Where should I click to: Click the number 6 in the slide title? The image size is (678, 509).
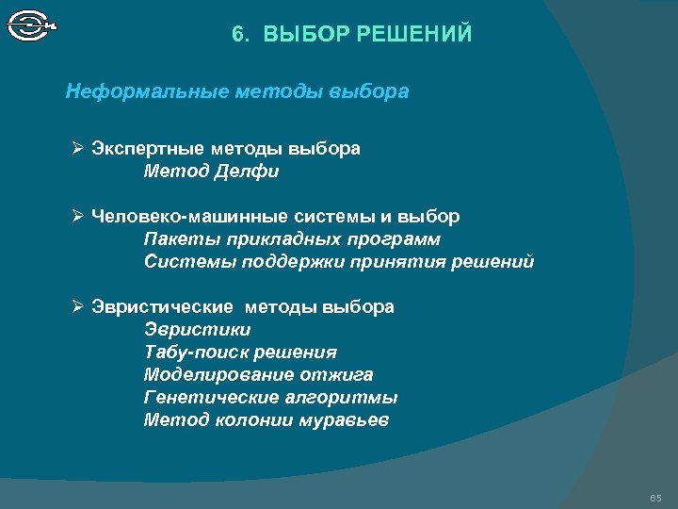[237, 36]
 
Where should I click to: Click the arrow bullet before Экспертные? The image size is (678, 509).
[79, 149]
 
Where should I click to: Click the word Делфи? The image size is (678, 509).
[247, 172]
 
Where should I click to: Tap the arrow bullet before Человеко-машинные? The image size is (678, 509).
[79, 217]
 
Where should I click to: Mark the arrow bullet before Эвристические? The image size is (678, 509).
[79, 307]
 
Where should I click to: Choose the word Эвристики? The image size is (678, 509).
[198, 330]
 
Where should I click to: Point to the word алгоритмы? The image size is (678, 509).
[341, 398]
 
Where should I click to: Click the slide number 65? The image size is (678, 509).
[655, 497]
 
